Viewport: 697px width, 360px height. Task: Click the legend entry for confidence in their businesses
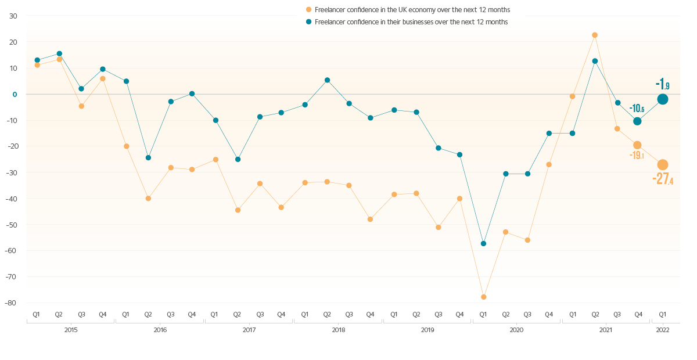(407, 22)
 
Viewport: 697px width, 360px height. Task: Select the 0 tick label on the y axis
(15, 94)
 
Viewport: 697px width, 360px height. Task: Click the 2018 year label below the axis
(338, 330)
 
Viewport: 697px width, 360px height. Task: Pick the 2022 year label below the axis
(662, 330)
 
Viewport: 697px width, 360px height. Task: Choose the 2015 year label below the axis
(70, 330)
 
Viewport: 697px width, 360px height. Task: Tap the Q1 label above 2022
(662, 314)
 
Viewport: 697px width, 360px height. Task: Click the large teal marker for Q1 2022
(663, 99)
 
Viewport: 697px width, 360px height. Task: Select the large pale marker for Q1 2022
(663, 165)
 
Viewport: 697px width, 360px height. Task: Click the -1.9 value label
(662, 84)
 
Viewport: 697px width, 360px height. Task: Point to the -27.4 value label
(663, 180)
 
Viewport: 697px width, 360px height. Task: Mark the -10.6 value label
(637, 108)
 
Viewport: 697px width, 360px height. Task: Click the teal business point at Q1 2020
(483, 243)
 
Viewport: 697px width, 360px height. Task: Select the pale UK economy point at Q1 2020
(483, 297)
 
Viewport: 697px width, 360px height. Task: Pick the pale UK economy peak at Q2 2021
(595, 35)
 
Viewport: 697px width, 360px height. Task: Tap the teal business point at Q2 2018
(327, 80)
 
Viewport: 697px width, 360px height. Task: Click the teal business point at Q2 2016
(148, 158)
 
